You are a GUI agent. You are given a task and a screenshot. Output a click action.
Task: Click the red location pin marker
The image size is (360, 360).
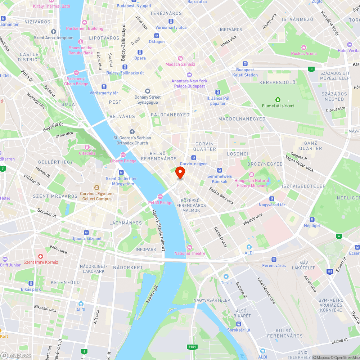(x=180, y=173)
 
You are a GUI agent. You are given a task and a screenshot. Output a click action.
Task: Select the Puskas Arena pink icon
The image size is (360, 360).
(x=304, y=48)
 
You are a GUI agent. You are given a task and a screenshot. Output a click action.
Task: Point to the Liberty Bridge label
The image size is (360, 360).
(x=123, y=161)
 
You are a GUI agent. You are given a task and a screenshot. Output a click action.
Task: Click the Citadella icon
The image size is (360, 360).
(x=87, y=147)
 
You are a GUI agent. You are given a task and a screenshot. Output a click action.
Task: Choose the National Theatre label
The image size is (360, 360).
(x=190, y=253)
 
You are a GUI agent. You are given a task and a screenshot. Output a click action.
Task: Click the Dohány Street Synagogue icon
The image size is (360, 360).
(x=147, y=91)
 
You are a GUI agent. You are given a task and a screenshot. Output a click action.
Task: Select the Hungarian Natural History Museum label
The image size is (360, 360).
(x=252, y=183)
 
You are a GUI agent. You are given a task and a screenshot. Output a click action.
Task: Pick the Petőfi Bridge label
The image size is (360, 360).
(x=160, y=203)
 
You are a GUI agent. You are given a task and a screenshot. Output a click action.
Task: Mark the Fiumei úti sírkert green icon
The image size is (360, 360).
(x=278, y=100)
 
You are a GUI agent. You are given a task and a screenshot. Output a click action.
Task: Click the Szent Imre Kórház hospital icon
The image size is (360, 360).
(x=41, y=256)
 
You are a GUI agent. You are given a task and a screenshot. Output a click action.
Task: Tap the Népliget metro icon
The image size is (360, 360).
(x=312, y=220)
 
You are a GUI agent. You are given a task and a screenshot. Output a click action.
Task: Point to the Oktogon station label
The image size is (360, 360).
(x=157, y=42)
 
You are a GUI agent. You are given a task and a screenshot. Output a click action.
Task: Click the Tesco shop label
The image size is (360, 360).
(x=226, y=282)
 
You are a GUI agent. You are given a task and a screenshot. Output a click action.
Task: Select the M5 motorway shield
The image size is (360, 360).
(x=330, y=272)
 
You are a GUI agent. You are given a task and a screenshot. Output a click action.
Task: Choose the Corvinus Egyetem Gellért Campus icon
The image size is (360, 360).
(x=96, y=188)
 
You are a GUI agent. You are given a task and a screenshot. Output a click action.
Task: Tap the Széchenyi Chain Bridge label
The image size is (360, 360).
(x=76, y=81)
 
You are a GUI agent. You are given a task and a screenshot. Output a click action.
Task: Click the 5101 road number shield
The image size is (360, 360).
(x=192, y=347)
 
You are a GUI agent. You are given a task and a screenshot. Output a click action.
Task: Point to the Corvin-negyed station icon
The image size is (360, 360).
(x=194, y=158)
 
